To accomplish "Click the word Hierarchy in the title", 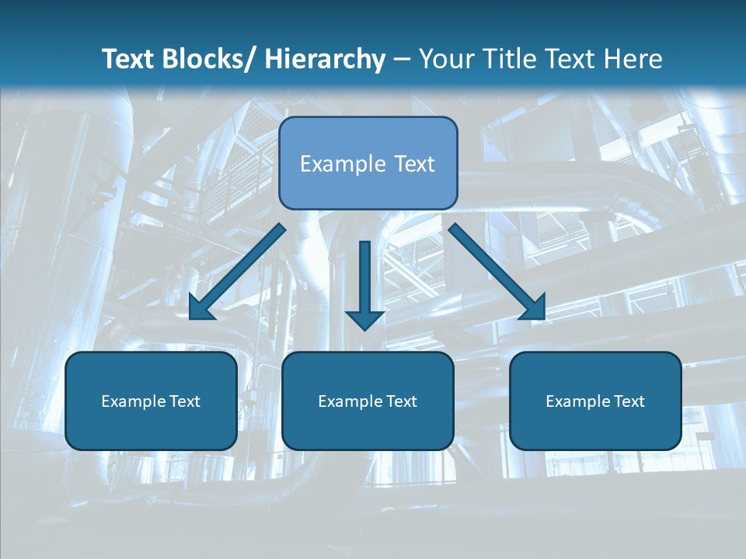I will [x=325, y=59].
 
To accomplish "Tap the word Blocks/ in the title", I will [x=209, y=59].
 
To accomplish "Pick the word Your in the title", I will [x=444, y=59].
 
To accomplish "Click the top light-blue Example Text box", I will [x=368, y=163].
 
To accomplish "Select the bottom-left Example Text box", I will [x=151, y=401].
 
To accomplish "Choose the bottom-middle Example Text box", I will [x=368, y=401].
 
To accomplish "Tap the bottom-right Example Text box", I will [x=595, y=401].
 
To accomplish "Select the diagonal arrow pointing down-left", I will [x=237, y=272].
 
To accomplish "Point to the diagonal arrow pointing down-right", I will [x=497, y=272].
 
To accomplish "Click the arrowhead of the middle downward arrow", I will [x=364, y=318].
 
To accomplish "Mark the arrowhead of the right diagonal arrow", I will [x=534, y=308].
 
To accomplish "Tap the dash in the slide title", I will [x=402, y=60].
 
